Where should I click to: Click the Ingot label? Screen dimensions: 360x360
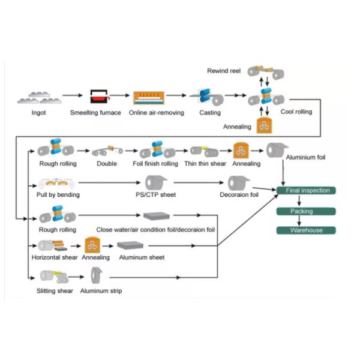click(38, 112)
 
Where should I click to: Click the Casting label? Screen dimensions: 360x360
click(210, 112)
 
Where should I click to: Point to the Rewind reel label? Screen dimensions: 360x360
click(224, 71)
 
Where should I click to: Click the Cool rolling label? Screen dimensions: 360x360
click(296, 112)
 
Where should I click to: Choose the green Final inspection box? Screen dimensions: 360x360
click(306, 191)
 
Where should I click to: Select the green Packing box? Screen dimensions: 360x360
click(306, 211)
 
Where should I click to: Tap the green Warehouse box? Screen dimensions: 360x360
click(306, 230)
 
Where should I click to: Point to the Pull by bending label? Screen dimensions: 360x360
click(58, 194)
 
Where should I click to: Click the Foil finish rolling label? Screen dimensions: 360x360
click(155, 164)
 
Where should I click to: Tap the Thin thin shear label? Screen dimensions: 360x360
click(205, 164)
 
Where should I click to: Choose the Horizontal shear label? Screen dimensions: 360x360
click(55, 257)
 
